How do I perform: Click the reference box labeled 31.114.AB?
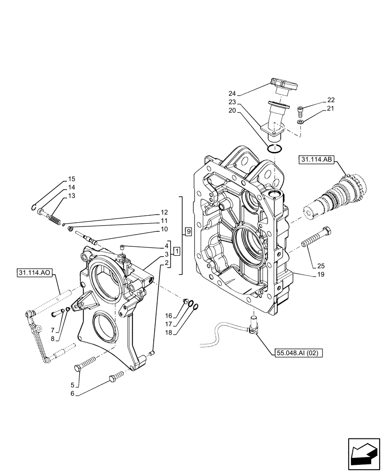[x=316, y=161]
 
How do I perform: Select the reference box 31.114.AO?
[x=36, y=272]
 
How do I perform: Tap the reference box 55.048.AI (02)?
[x=297, y=353]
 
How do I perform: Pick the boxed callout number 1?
[x=175, y=251]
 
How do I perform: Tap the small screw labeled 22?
[x=301, y=112]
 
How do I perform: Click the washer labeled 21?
[x=300, y=123]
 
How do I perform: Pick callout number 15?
[x=72, y=179]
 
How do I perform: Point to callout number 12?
[x=164, y=212]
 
